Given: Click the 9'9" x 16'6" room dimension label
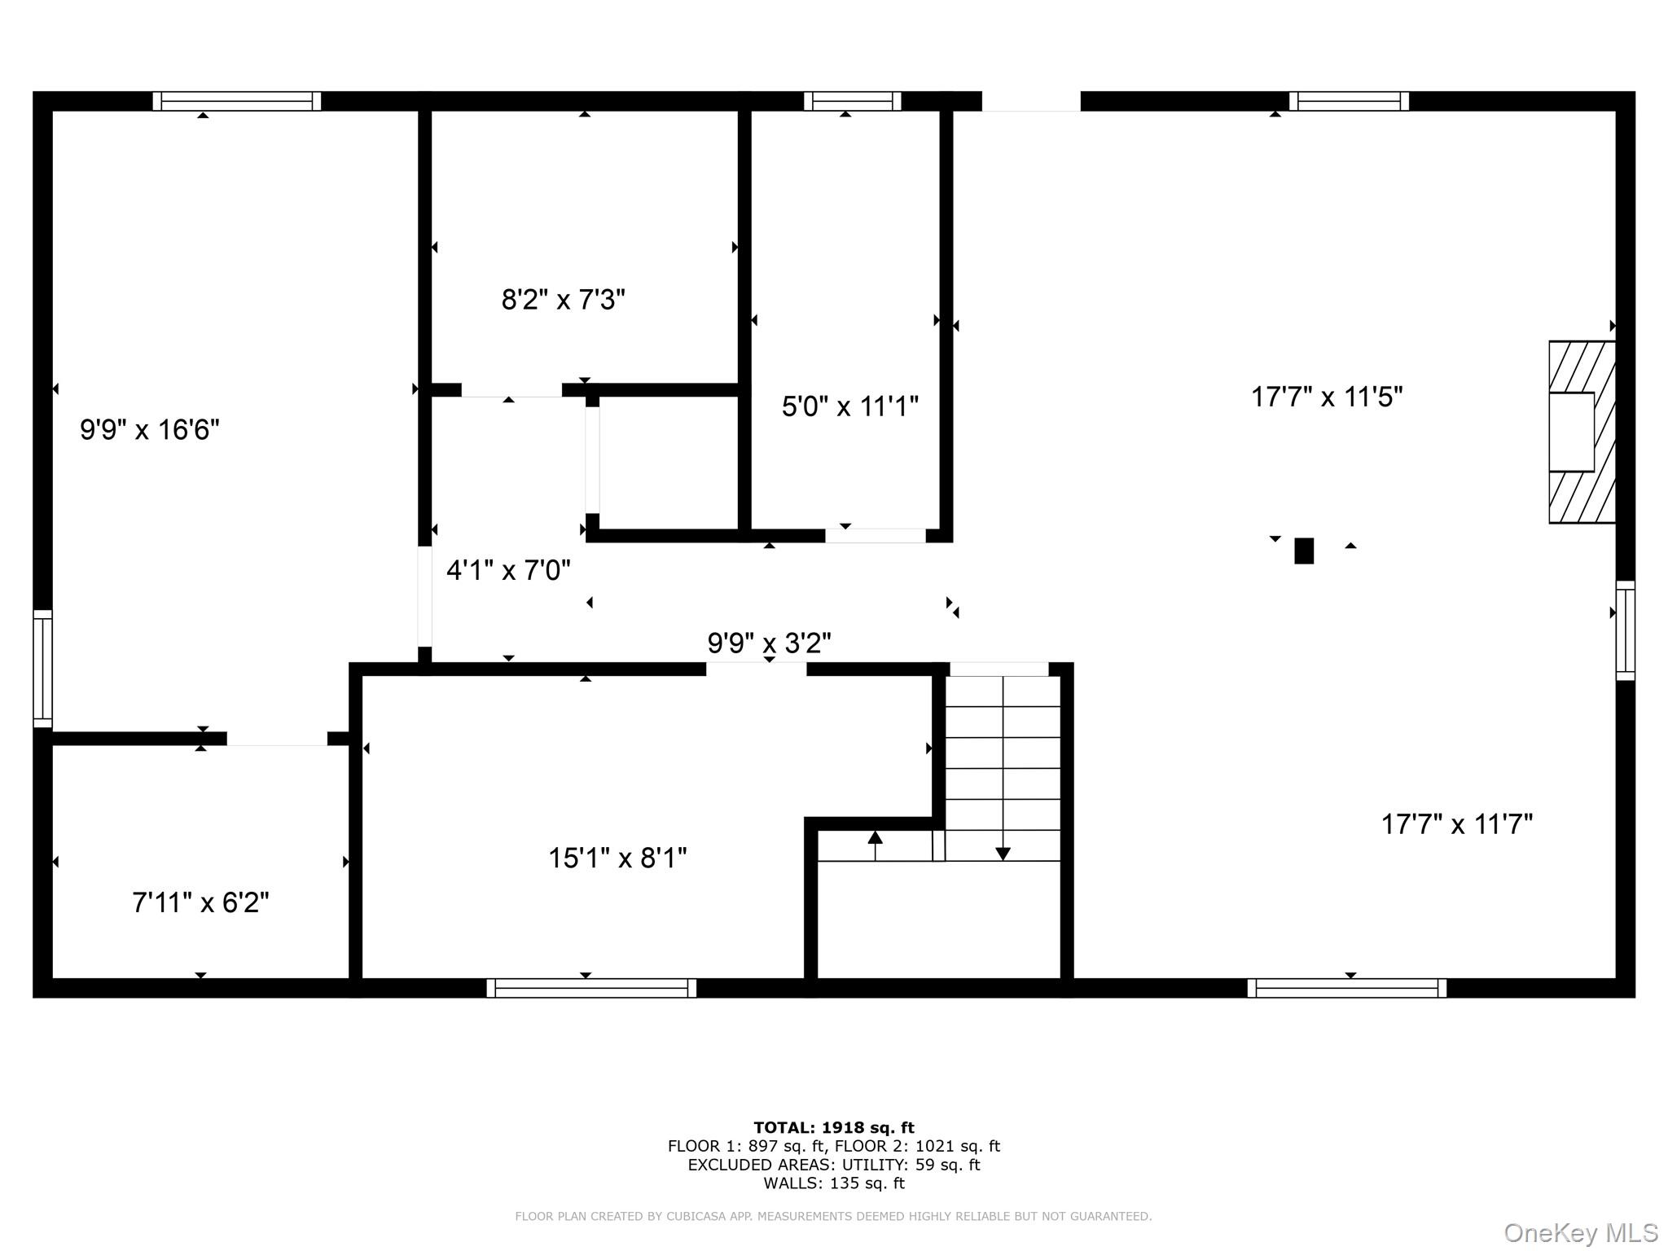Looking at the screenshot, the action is point(150,429).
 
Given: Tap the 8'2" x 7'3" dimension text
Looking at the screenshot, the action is point(563,300).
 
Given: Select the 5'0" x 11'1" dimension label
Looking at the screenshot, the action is point(850,406).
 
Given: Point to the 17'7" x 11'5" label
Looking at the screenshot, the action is point(1327,397).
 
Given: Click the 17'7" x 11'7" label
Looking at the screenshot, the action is point(1457,824).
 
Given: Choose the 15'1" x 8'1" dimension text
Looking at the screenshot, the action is point(617,858).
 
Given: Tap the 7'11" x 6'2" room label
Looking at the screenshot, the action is point(200,902).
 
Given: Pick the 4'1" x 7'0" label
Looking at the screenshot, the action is point(508,570).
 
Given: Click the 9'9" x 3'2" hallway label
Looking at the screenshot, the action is point(769,643).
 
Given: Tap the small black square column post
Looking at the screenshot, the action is point(1304,551).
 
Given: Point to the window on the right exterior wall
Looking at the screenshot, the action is point(1625,630).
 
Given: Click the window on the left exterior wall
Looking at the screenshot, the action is point(42,668).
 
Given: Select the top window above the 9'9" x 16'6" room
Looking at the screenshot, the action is point(237,101).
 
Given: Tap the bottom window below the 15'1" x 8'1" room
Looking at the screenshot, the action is point(591,988).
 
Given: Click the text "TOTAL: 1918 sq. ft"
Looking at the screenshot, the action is point(834,1128).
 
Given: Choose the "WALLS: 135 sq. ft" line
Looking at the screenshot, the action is point(834,1183).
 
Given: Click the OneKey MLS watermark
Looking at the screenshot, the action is point(1581,1233).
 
